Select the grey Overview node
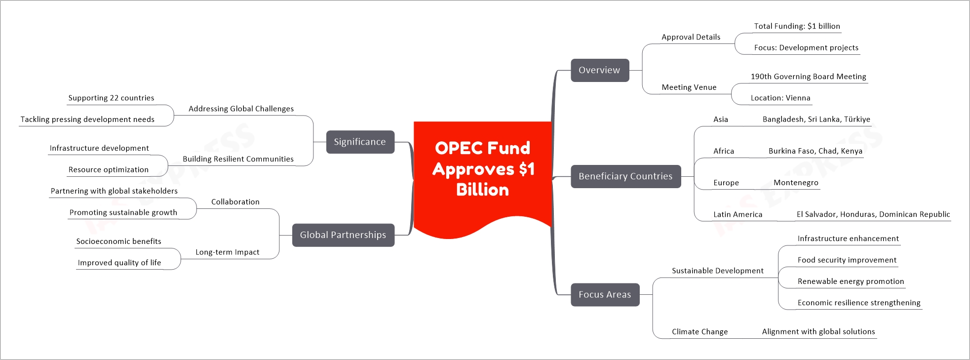point(600,70)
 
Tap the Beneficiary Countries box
point(625,176)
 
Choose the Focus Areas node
point(605,295)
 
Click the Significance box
point(360,142)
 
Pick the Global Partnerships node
point(343,235)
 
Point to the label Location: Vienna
point(780,98)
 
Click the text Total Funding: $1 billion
point(797,26)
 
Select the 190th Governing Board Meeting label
point(808,77)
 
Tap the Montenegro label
point(796,183)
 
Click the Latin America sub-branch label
point(737,214)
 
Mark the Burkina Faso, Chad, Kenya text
point(815,151)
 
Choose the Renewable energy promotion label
point(851,281)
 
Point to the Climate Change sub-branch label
point(699,332)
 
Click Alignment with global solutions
point(818,332)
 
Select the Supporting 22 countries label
point(111,98)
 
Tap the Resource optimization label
point(108,169)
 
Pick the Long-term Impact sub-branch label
point(227,252)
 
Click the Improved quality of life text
point(119,263)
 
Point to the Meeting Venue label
point(689,87)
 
